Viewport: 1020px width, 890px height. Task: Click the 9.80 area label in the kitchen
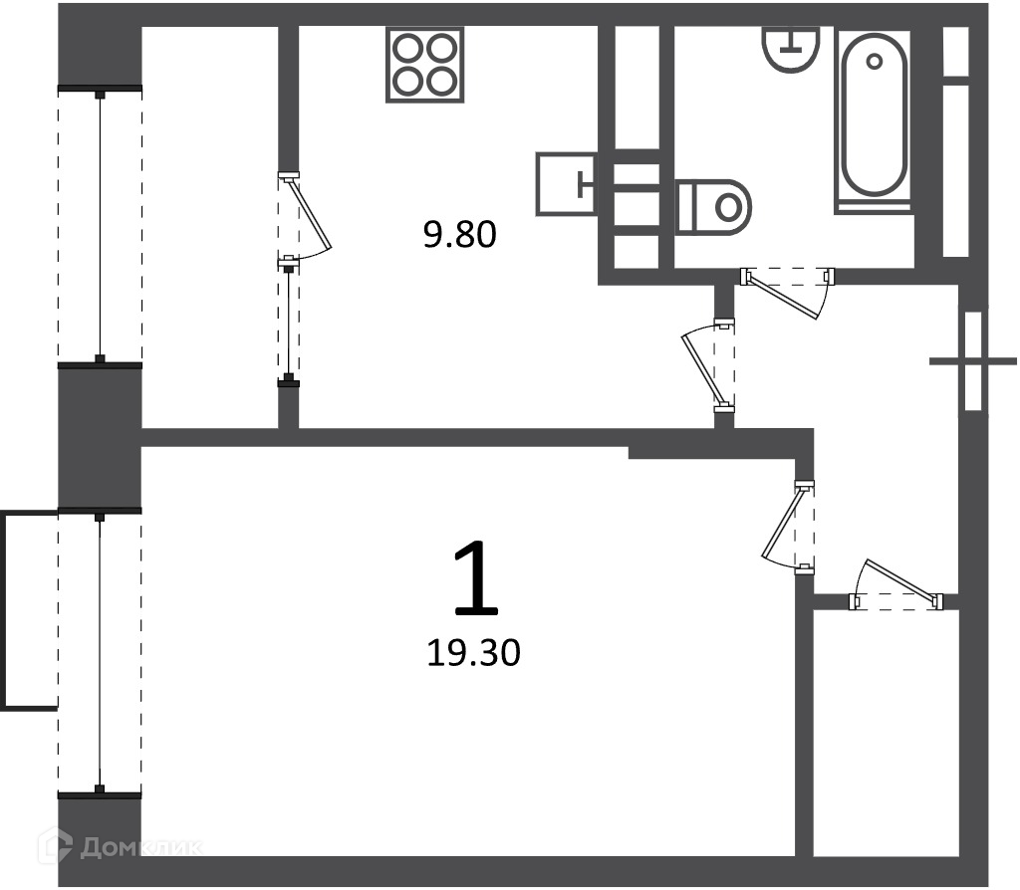460,235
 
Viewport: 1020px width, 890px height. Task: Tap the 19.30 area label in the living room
473,653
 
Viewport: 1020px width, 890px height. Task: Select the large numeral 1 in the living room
476,578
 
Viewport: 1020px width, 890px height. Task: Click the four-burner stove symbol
424,65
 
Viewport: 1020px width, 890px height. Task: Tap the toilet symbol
713,207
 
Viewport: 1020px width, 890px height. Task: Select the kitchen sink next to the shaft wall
566,184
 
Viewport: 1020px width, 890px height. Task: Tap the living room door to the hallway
788,528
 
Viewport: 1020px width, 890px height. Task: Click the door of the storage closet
896,584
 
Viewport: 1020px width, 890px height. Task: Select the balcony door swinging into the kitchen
305,216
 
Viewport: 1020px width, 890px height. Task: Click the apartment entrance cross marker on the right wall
973,360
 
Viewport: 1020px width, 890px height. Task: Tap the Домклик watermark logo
121,846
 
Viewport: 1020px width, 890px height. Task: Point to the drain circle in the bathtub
875,62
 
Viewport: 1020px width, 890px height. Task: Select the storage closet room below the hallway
887,734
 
